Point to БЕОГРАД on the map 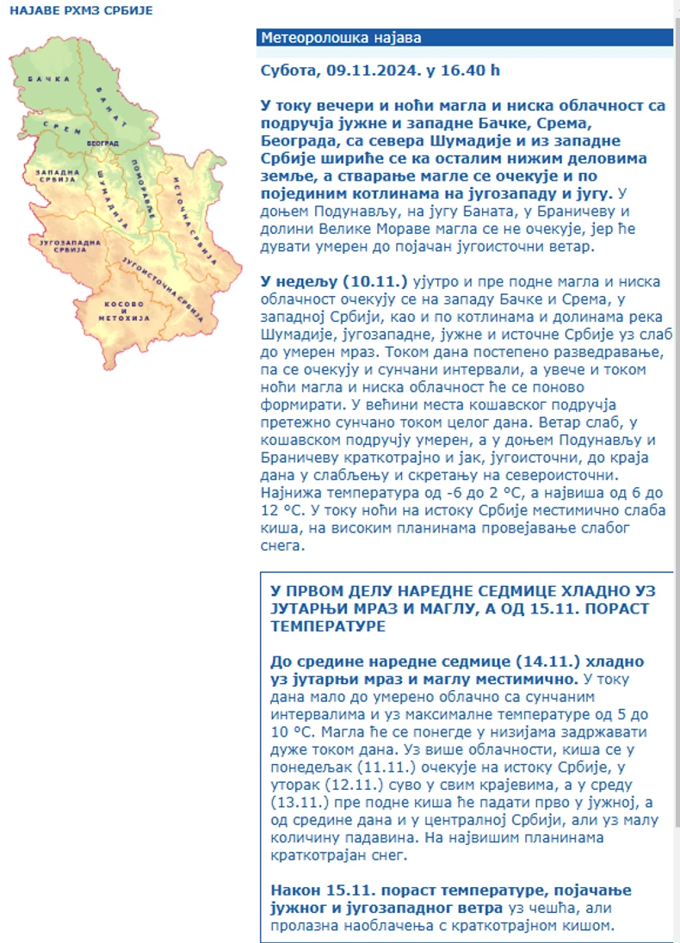(x=103, y=142)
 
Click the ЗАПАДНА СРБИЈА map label (x=56, y=177)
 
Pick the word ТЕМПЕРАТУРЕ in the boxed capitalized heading (x=328, y=627)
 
